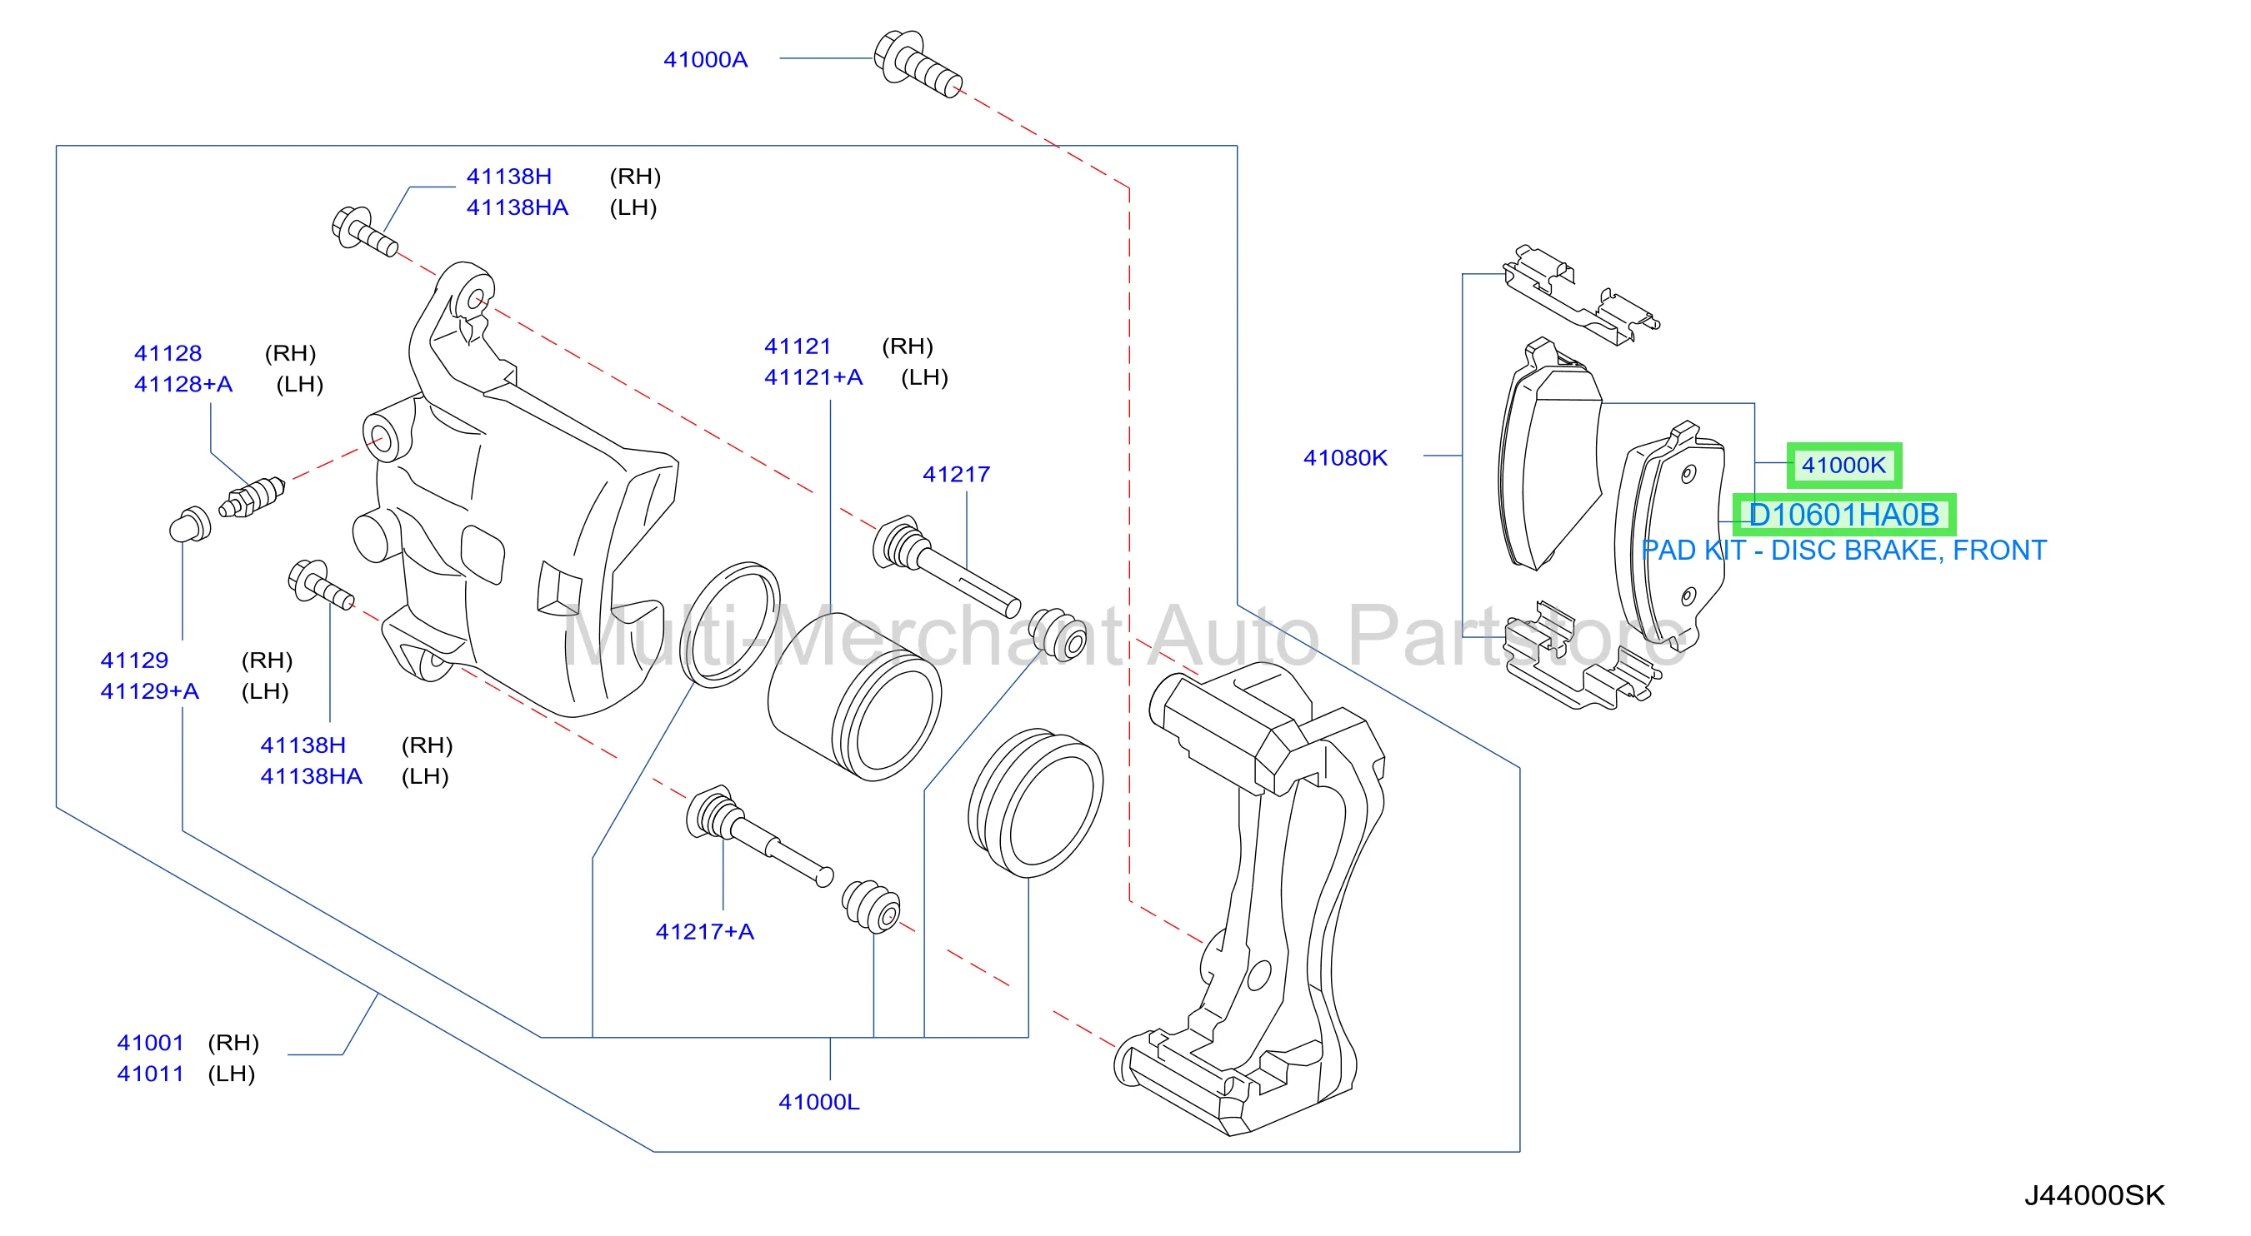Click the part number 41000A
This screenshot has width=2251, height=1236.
coord(705,59)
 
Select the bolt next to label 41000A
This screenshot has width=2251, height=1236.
coord(918,63)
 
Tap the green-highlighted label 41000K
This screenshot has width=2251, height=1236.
coord(1843,465)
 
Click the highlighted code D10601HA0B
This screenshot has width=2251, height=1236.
coord(1843,515)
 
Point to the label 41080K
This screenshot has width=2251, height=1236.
coord(1345,457)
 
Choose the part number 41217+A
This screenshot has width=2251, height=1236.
coord(704,931)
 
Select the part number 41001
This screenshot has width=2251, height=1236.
coord(150,1042)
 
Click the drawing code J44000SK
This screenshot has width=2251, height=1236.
coord(2094,1195)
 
